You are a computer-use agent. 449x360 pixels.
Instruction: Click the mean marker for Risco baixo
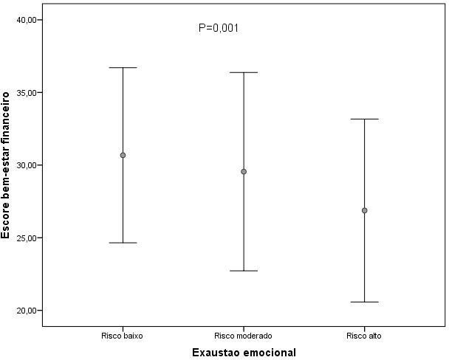pyautogui.click(x=123, y=155)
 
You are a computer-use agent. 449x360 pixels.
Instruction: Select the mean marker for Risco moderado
pyautogui.click(x=243, y=171)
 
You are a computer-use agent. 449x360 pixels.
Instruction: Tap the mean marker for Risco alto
pyautogui.click(x=364, y=210)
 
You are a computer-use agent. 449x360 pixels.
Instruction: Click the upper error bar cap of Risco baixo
pyautogui.click(x=123, y=68)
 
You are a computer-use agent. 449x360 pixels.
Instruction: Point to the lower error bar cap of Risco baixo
pyautogui.click(x=123, y=243)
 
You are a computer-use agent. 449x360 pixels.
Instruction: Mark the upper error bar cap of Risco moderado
pyautogui.click(x=243, y=72)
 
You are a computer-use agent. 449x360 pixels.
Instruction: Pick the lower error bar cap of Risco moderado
pyautogui.click(x=243, y=271)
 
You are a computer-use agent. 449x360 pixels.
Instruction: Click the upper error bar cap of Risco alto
pyautogui.click(x=364, y=119)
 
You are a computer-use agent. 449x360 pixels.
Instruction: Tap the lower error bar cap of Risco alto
pyautogui.click(x=364, y=302)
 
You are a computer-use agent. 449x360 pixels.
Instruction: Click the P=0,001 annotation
pyautogui.click(x=219, y=28)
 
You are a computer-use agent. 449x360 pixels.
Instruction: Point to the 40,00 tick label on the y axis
pyautogui.click(x=26, y=20)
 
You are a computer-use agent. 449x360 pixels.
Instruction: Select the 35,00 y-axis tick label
pyautogui.click(x=26, y=93)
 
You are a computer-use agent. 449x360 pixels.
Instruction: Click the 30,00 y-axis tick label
pyautogui.click(x=26, y=165)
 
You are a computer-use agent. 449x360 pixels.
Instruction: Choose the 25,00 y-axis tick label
pyautogui.click(x=26, y=238)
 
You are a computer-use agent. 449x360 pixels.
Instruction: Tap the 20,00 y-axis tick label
pyautogui.click(x=26, y=311)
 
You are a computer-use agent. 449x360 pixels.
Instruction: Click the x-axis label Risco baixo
pyautogui.click(x=123, y=336)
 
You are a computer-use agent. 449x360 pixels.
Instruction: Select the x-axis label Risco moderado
pyautogui.click(x=243, y=336)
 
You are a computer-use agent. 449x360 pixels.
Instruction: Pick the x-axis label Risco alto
pyautogui.click(x=364, y=336)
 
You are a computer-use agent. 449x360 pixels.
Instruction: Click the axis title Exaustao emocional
pyautogui.click(x=243, y=352)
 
